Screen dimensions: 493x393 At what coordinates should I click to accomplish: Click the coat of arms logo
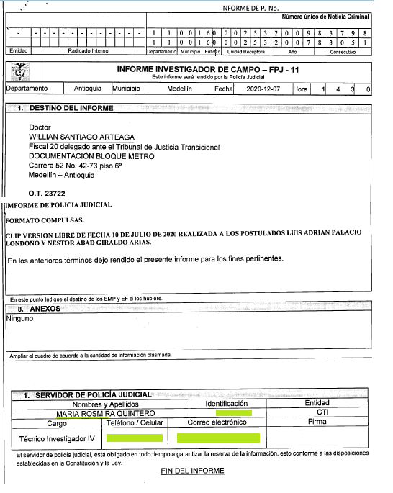pos(22,72)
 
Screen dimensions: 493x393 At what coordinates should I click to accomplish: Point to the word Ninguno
pos(19,318)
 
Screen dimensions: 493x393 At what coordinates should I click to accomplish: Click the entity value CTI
pos(322,412)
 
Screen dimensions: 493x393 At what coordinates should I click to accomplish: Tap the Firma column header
pos(317,422)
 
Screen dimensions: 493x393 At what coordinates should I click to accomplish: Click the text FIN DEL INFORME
pos(192,471)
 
